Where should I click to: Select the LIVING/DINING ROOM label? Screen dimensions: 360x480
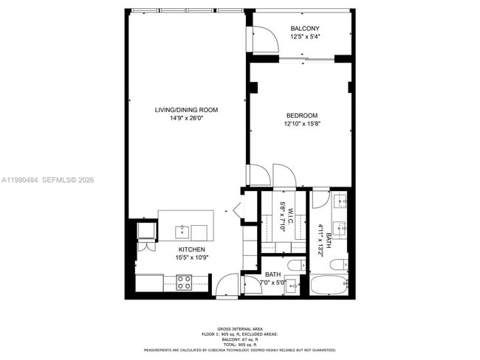[186, 110]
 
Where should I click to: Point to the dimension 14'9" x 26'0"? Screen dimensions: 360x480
[186, 118]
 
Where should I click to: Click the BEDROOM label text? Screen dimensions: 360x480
[302, 115]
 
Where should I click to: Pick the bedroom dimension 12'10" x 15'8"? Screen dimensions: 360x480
[302, 123]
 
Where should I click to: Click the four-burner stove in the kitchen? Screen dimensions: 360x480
[183, 281]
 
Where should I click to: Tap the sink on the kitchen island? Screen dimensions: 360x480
[182, 231]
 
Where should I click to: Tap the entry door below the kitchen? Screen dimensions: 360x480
[227, 285]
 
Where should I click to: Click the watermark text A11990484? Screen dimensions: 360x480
[18, 180]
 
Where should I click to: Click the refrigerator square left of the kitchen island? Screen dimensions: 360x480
[145, 230]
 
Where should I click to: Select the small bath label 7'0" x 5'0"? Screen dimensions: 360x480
[275, 282]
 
